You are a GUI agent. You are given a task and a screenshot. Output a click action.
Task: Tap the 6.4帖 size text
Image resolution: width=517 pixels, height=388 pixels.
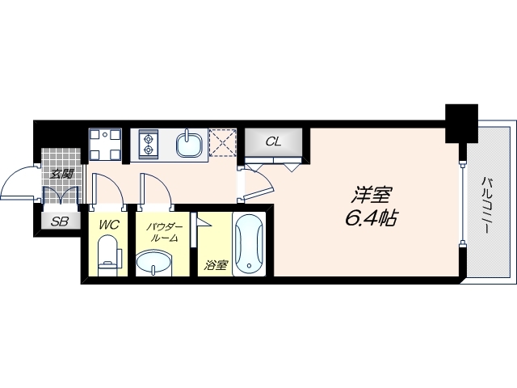pos(370,217)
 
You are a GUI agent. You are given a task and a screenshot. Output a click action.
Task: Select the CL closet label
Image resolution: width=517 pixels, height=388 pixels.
pos(274,141)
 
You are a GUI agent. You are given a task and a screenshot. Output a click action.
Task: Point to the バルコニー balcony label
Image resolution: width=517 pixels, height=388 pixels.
pos(488,205)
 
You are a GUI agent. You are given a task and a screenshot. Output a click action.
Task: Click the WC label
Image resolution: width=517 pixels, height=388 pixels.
pos(108,226)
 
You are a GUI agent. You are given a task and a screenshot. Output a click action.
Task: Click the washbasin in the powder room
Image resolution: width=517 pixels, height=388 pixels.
pos(154,264)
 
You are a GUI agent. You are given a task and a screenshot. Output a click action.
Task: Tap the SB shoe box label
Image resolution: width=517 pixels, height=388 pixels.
pos(59,222)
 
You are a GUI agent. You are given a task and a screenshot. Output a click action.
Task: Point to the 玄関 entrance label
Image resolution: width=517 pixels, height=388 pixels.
pos(62,172)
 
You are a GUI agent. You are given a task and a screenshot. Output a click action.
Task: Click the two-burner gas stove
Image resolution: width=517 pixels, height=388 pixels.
pos(149,143)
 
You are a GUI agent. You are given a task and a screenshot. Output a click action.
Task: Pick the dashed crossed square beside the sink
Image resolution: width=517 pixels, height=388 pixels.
pos(221,143)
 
